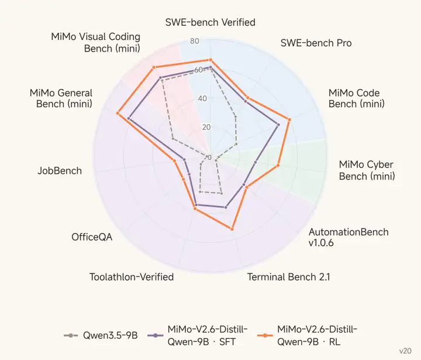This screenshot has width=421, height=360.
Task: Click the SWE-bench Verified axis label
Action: click(210, 22)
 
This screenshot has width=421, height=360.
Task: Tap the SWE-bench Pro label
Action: click(316, 43)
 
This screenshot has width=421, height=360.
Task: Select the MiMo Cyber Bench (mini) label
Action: click(367, 170)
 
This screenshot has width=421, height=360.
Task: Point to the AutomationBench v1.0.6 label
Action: click(348, 237)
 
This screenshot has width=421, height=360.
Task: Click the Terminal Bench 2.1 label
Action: click(288, 277)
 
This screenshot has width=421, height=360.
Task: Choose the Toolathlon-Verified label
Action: click(132, 277)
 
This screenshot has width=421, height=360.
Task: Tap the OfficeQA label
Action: click(92, 237)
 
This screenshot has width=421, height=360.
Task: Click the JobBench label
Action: click(60, 171)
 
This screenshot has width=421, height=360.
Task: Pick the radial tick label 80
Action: click(195, 41)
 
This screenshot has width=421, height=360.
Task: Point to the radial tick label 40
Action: click(203, 99)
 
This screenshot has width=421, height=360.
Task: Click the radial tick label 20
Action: click(206, 127)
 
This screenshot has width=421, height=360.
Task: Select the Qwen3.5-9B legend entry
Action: click(101, 335)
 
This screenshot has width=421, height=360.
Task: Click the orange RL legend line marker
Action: click(265, 335)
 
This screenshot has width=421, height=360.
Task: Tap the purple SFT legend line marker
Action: click(156, 335)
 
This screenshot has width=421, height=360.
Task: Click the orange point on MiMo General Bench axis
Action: click(118, 113)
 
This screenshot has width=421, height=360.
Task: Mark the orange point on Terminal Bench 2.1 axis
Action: click(232, 229)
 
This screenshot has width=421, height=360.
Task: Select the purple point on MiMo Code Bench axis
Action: click(278, 125)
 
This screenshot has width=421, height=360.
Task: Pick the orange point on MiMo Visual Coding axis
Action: click(154, 67)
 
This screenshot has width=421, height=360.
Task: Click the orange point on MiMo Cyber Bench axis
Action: click(278, 165)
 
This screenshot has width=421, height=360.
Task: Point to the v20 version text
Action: click(405, 351)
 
